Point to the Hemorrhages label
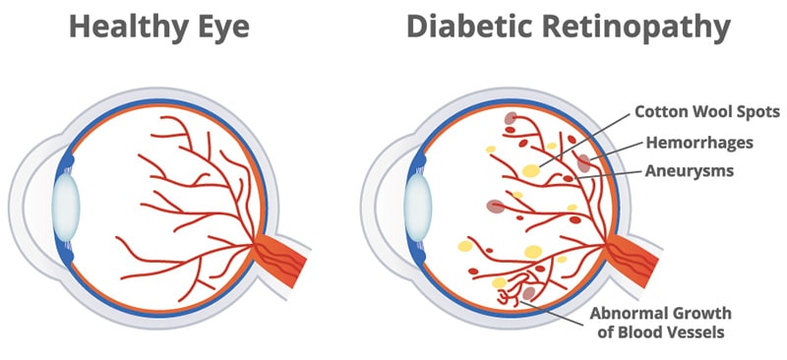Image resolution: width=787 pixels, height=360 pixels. pos(699,143)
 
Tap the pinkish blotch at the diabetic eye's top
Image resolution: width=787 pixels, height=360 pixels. pos(511,120)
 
